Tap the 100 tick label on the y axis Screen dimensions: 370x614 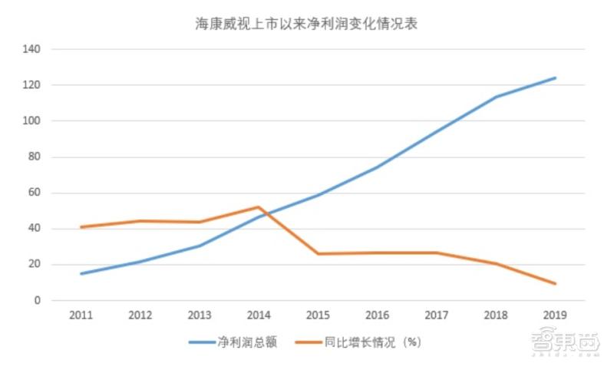[32, 121]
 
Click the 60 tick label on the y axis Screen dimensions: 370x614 [35, 193]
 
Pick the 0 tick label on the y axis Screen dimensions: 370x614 [38, 301]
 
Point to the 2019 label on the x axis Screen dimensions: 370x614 [555, 315]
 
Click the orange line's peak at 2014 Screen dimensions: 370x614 [259, 207]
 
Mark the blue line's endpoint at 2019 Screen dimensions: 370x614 [555, 78]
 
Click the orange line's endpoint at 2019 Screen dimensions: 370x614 [555, 284]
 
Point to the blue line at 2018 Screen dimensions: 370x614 [496, 97]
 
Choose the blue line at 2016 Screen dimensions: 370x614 [377, 167]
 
